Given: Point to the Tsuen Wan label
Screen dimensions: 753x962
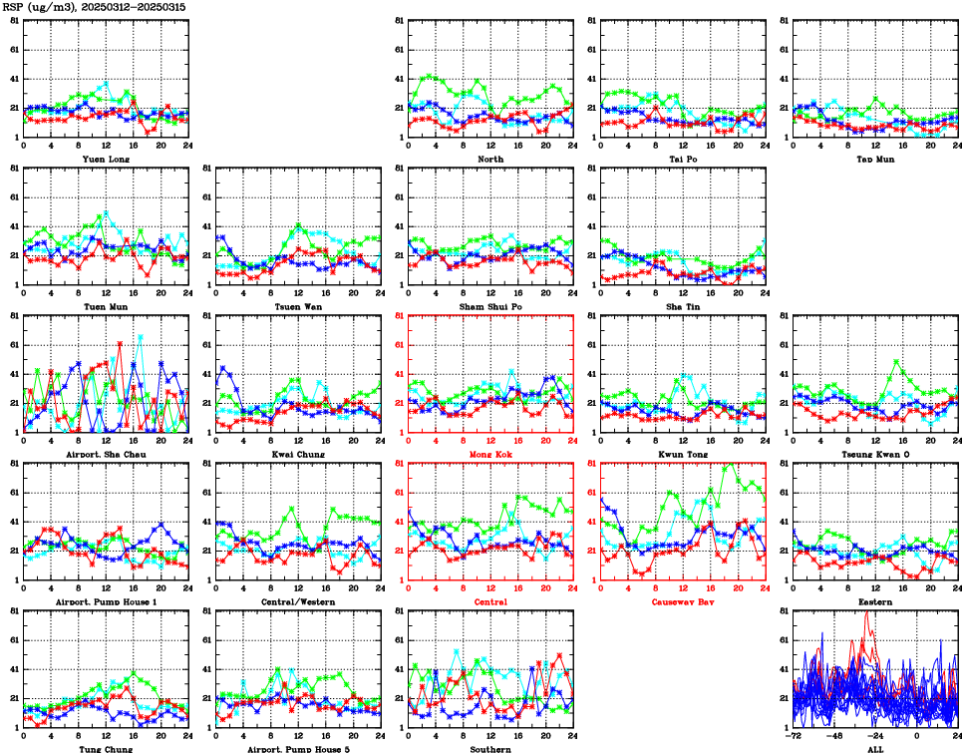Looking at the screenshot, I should (x=298, y=306).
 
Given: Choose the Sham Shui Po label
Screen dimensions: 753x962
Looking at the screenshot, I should (x=490, y=306).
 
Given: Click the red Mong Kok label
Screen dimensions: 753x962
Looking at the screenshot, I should (x=490, y=454).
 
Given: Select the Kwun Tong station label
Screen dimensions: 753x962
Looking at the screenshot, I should (x=683, y=454).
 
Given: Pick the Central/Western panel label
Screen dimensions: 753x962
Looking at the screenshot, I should (x=298, y=601).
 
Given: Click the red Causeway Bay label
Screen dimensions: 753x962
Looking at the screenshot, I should (x=683, y=602).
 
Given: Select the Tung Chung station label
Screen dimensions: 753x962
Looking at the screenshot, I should (x=106, y=749).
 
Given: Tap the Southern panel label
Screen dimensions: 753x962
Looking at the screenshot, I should (x=490, y=749).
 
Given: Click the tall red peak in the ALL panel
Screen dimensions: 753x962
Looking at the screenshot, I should (x=866, y=612).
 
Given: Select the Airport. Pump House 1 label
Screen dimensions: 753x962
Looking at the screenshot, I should (x=106, y=601).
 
